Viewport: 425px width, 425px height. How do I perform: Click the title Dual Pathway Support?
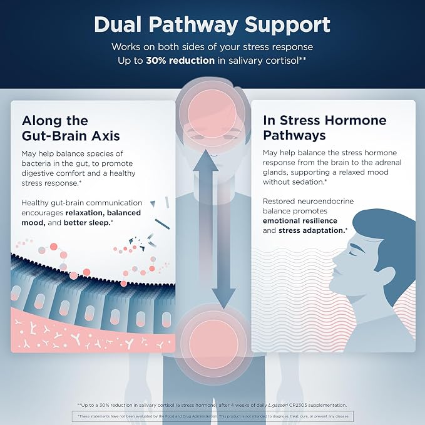[x=212, y=25]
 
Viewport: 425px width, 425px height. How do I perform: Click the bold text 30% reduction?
[x=180, y=61]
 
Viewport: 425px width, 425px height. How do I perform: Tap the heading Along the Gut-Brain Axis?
[x=71, y=128]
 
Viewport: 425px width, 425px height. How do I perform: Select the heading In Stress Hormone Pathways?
[x=325, y=128]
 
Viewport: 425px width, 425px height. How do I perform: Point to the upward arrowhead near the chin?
[x=205, y=160]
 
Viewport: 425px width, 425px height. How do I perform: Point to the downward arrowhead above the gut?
[x=223, y=298]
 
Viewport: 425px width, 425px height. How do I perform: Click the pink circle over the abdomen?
[x=213, y=344]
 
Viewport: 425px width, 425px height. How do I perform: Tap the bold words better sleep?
[x=88, y=223]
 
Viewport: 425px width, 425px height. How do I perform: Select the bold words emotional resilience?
[x=300, y=220]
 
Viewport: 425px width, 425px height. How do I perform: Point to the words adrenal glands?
[x=332, y=167]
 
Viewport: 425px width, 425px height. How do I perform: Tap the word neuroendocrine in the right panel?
[x=325, y=202]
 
